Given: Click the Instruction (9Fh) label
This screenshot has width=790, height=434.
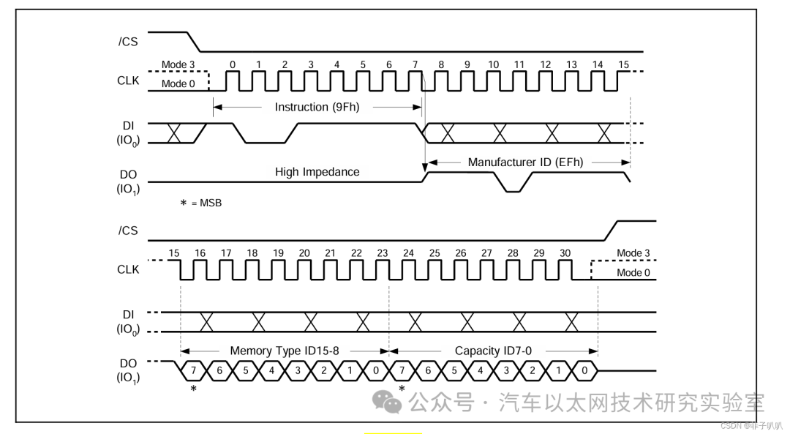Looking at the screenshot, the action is [x=317, y=107].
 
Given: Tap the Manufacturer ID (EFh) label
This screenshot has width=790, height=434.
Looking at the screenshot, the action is [x=525, y=162].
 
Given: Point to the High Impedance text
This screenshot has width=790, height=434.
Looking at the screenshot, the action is [x=317, y=172].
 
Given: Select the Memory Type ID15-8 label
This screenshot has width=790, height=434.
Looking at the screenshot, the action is [x=284, y=351].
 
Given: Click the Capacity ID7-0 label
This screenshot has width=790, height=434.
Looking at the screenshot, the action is [x=493, y=351].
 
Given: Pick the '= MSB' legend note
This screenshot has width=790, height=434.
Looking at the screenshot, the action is [x=200, y=203].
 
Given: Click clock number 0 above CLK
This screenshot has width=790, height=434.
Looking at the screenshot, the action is [x=233, y=64].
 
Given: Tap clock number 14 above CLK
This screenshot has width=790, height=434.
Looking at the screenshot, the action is [x=598, y=64].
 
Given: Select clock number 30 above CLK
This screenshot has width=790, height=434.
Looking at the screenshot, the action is [x=565, y=253].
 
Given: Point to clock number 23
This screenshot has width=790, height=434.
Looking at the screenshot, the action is [x=383, y=253].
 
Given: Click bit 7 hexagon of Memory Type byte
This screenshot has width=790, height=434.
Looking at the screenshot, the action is [x=193, y=370].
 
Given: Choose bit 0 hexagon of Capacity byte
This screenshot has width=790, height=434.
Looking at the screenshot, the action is [x=584, y=370].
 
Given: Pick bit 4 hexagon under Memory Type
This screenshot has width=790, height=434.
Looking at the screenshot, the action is [x=271, y=370].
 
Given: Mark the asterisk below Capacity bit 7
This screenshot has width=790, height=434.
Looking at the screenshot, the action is [x=402, y=389].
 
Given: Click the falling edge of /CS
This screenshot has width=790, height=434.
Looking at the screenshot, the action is [x=194, y=42].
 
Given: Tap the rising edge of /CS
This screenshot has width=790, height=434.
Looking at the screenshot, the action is [x=611, y=231].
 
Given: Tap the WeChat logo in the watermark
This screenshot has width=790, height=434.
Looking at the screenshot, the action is [x=386, y=401].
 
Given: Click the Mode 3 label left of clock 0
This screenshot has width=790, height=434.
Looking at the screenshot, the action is [x=178, y=64].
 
